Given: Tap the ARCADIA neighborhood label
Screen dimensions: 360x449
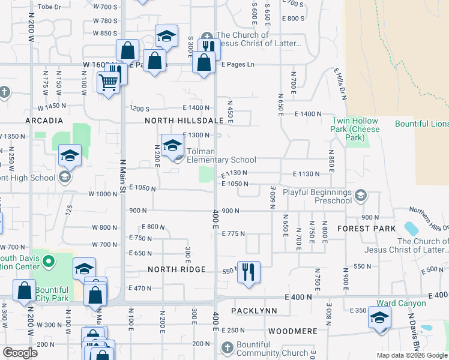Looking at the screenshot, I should tap(44, 121).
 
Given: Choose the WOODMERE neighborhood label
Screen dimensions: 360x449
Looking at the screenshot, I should tap(292, 331).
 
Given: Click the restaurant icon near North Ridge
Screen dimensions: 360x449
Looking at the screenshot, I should tap(248, 271).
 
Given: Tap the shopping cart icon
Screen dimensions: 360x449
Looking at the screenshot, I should tap(108, 82).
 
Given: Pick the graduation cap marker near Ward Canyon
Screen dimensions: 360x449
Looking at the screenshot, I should tap(379, 317).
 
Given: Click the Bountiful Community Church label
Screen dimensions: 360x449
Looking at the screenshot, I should tap(264, 349).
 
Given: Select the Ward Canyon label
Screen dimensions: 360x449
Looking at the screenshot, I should tap(401, 303).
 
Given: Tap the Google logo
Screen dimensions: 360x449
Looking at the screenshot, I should tap(20, 353).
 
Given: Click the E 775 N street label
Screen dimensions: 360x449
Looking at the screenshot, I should tap(234, 233).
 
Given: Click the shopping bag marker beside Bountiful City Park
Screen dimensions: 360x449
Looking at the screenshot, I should tap(25, 290).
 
